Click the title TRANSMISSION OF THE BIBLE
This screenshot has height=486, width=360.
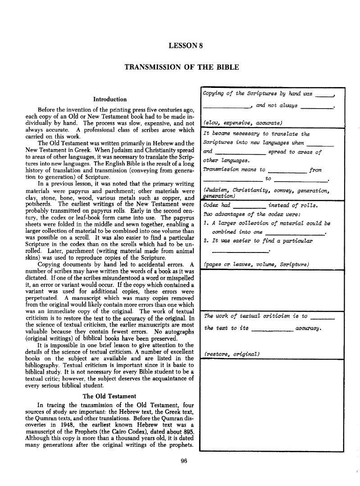click(182, 67)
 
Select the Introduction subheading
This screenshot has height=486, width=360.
click(109, 99)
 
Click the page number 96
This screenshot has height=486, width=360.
click(183, 460)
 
